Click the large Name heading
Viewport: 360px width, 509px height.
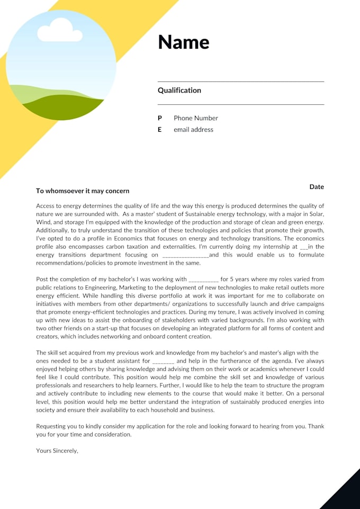pyautogui.click(x=184, y=42)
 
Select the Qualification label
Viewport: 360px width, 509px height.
pyautogui.click(x=179, y=90)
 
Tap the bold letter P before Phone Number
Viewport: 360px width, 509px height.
pyautogui.click(x=160, y=118)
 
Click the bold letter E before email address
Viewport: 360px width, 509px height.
pyautogui.click(x=160, y=130)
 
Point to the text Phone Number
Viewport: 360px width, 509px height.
pyautogui.click(x=196, y=118)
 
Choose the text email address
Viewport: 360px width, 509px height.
pyautogui.click(x=193, y=130)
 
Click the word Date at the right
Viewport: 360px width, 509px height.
pyautogui.click(x=317, y=187)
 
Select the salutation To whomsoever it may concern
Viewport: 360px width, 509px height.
pyautogui.click(x=83, y=191)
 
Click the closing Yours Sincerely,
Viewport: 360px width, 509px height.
pyautogui.click(x=57, y=451)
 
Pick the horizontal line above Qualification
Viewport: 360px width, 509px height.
pyautogui.click(x=241, y=81)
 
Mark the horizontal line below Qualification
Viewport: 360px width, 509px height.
pyautogui.click(x=241, y=104)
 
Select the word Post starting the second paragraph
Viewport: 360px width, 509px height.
pyautogui.click(x=42, y=279)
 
